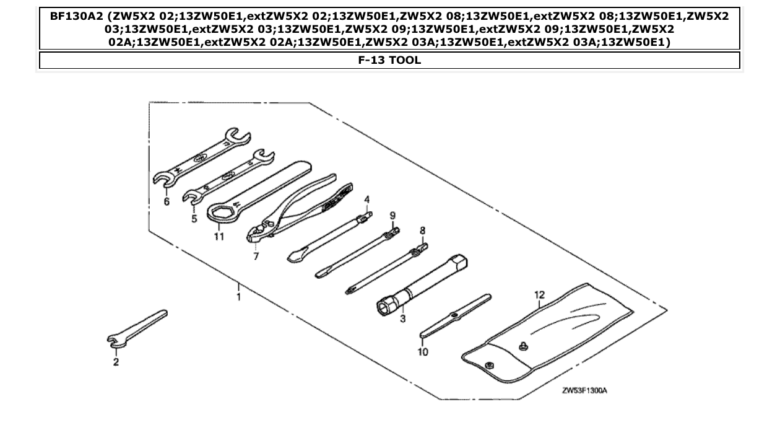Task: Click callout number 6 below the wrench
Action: [167, 201]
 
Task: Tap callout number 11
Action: [219, 237]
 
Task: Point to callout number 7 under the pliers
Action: [256, 256]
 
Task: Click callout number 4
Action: [366, 200]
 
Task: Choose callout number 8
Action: [423, 230]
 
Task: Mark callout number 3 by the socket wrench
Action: [402, 319]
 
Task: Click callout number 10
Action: [423, 351]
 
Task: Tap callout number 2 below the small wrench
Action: [116, 362]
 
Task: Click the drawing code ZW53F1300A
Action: [584, 390]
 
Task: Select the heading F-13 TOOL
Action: [389, 61]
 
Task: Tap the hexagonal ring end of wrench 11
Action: [219, 214]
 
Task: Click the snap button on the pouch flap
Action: [524, 346]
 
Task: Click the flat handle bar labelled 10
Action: [456, 317]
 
